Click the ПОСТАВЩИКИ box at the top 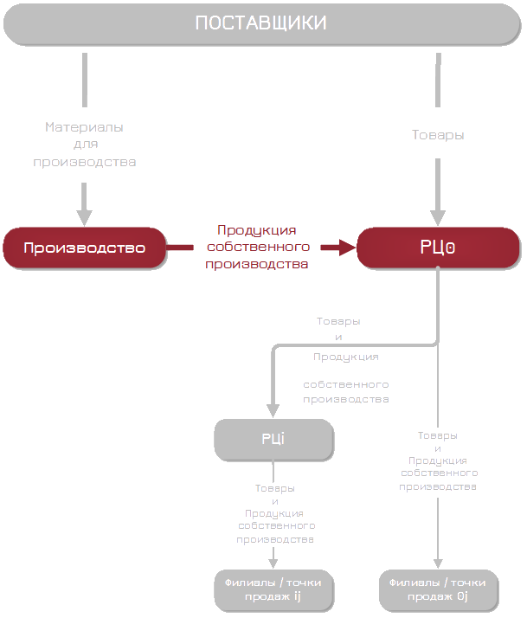click(x=260, y=23)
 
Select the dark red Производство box click(x=83, y=248)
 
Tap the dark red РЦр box click(x=438, y=248)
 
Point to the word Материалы click(x=84, y=127)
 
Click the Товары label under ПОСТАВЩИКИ click(x=438, y=135)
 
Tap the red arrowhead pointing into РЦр click(x=348, y=248)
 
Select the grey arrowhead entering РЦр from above click(x=438, y=217)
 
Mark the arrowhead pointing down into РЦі click(x=273, y=410)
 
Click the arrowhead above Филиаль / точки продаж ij click(x=273, y=563)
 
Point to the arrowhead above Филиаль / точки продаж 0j click(x=438, y=563)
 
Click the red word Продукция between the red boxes click(x=256, y=230)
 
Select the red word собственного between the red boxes click(x=256, y=248)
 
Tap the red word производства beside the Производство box click(x=256, y=265)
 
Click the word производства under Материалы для click(x=84, y=162)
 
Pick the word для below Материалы click(x=84, y=145)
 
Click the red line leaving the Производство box click(x=180, y=248)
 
